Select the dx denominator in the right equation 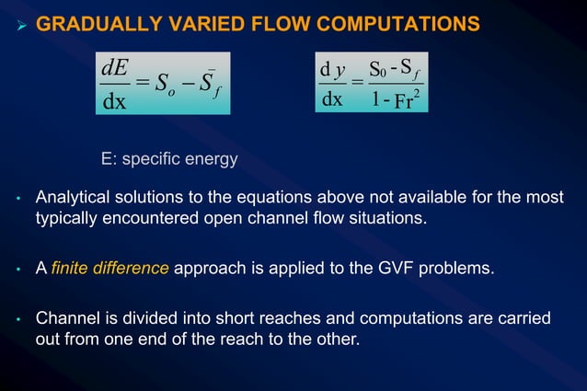(x=332, y=99)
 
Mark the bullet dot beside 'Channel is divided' (x=18, y=320)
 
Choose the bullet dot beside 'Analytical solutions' (x=18, y=201)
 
